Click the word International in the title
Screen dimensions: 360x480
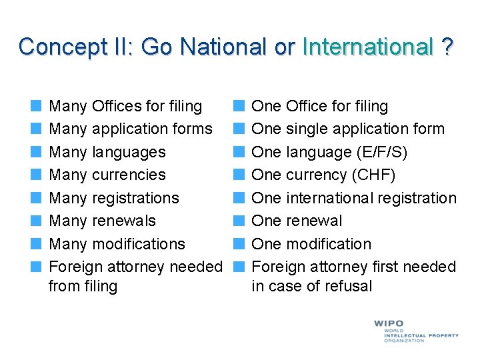(367, 47)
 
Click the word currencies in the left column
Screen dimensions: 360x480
(129, 175)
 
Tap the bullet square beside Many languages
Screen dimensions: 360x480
(37, 152)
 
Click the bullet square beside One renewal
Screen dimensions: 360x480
(239, 221)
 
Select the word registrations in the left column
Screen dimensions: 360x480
(136, 198)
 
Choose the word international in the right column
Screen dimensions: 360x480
(336, 198)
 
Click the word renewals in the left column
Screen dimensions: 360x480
(124, 221)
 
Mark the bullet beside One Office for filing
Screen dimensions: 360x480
(239, 106)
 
